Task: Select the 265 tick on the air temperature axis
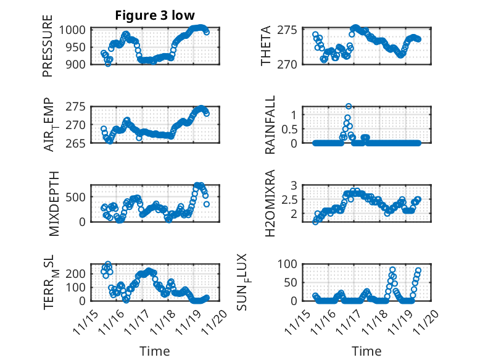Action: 79,143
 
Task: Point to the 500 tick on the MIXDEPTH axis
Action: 79,197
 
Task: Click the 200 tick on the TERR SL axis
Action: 79,273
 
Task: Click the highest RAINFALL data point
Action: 349,106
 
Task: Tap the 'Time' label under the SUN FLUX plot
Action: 366,351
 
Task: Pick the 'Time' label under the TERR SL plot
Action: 154,351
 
